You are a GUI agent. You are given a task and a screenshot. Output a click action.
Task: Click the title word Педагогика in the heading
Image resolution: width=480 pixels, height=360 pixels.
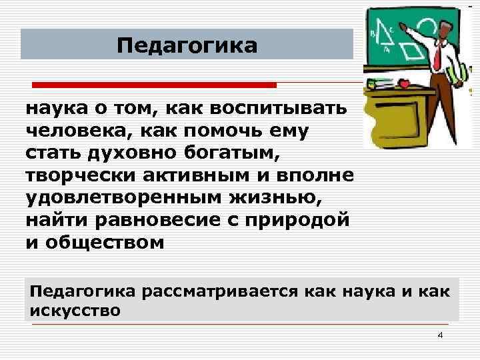186,46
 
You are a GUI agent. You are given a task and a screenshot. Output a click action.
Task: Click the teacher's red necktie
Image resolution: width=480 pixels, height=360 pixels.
437,57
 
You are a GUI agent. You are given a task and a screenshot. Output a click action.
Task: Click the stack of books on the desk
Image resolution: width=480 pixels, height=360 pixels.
379,84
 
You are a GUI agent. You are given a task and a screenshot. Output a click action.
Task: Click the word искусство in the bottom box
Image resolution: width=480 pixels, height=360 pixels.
75,310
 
